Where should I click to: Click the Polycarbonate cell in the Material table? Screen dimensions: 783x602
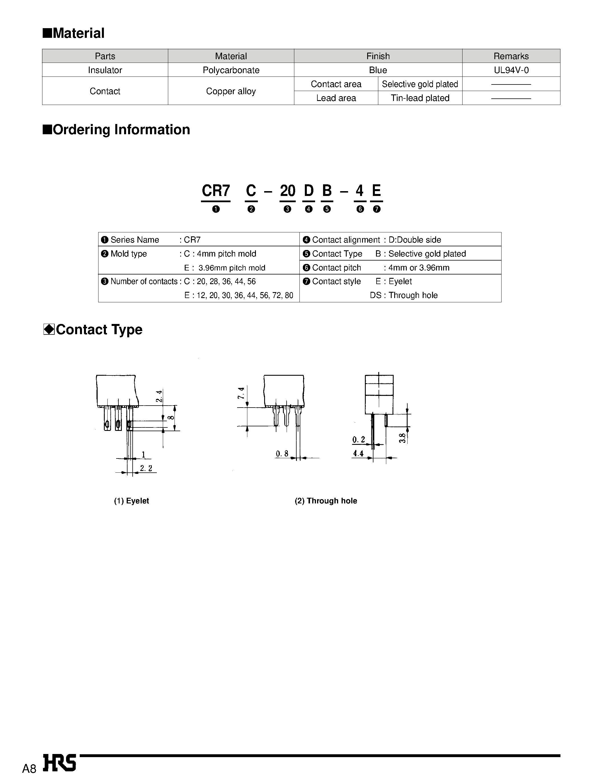pyautogui.click(x=231, y=70)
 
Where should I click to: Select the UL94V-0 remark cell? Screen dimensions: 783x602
pyautogui.click(x=511, y=70)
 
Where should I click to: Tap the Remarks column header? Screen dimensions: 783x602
pyautogui.click(x=511, y=56)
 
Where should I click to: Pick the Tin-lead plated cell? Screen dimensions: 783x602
pyautogui.click(x=420, y=98)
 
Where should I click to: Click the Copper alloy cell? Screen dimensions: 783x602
pyautogui.click(x=231, y=91)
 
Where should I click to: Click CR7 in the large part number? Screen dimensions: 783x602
pyautogui.click(x=216, y=191)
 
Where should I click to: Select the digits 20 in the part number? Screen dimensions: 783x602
pyautogui.click(x=287, y=191)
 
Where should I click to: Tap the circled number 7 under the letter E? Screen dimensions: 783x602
pyautogui.click(x=376, y=209)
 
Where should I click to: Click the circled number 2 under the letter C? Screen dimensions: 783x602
pyautogui.click(x=251, y=209)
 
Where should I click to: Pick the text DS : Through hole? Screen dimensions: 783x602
pyautogui.click(x=404, y=296)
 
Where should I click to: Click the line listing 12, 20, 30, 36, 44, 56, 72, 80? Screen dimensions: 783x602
pyautogui.click(x=239, y=296)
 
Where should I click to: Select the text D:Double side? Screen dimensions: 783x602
pyautogui.click(x=415, y=240)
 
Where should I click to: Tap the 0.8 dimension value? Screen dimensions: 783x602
pyautogui.click(x=282, y=454)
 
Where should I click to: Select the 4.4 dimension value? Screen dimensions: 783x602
pyautogui.click(x=358, y=454)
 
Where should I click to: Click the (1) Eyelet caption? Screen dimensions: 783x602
pyautogui.click(x=131, y=501)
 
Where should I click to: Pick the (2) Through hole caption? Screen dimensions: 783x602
pyautogui.click(x=326, y=501)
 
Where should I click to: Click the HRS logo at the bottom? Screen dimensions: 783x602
pyautogui.click(x=59, y=763)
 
